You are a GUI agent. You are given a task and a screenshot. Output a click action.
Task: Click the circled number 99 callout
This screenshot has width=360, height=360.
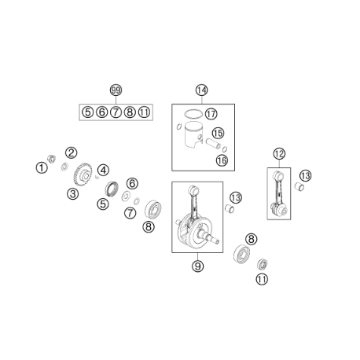pos(116,90)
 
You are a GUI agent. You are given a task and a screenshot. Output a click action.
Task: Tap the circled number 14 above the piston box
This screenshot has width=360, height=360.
pos(201,90)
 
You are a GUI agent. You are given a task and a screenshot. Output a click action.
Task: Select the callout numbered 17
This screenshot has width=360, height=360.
pos(211,114)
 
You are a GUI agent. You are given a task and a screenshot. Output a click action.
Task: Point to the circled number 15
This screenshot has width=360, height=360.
pos(218,133)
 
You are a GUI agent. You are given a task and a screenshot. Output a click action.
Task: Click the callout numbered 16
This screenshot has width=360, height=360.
pos(222,160)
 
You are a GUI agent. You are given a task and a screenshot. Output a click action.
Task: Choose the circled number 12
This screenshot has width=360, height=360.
pos(279,154)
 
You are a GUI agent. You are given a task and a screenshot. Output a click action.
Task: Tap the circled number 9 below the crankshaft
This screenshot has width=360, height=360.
pos(197,266)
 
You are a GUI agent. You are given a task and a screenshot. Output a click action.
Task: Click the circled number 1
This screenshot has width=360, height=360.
pos(42,167)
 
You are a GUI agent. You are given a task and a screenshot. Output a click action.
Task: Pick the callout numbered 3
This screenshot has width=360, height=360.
pos(72,194)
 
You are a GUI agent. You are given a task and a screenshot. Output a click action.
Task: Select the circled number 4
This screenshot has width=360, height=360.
pos(104,170)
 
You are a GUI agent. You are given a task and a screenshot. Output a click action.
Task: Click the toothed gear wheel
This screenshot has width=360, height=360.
pos(83,174)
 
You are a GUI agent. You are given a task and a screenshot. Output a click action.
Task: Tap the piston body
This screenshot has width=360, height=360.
pos(193,136)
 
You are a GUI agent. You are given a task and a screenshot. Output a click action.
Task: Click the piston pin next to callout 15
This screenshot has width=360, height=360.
pos(213,144)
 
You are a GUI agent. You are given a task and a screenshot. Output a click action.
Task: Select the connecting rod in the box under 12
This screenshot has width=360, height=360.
pos(278,194)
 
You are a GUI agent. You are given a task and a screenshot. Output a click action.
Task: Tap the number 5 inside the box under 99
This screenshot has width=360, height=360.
pos(87,112)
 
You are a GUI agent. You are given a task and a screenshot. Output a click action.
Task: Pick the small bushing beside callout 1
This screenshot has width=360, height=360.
pos(51,159)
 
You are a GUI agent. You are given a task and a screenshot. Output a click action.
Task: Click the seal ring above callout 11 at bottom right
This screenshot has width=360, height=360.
pos(262,264)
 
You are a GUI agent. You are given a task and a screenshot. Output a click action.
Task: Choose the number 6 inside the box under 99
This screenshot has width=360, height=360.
pos(101,112)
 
